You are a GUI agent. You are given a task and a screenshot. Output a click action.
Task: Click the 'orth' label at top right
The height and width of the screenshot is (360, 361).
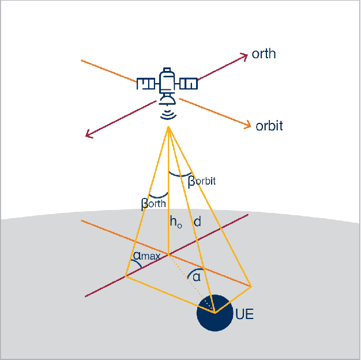264,54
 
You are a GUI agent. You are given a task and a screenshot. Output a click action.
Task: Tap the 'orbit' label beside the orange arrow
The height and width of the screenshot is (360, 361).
269,126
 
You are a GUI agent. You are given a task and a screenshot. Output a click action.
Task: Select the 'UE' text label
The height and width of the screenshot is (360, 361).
245,315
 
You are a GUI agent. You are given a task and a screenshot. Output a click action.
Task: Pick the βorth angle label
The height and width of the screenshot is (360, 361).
153,203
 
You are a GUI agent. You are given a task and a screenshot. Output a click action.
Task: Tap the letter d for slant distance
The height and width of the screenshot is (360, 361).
198,221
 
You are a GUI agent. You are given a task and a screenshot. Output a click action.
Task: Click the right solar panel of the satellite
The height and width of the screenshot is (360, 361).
188,84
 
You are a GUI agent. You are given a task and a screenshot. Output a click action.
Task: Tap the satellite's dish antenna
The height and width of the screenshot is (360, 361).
167,99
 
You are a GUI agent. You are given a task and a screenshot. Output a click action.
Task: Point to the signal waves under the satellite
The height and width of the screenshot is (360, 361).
168,114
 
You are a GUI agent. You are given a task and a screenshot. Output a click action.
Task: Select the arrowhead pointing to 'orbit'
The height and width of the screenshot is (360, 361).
248,124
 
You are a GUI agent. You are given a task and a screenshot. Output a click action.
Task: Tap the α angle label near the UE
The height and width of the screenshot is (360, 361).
197,277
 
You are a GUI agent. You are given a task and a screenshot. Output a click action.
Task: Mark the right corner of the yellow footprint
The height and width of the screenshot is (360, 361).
251,286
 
